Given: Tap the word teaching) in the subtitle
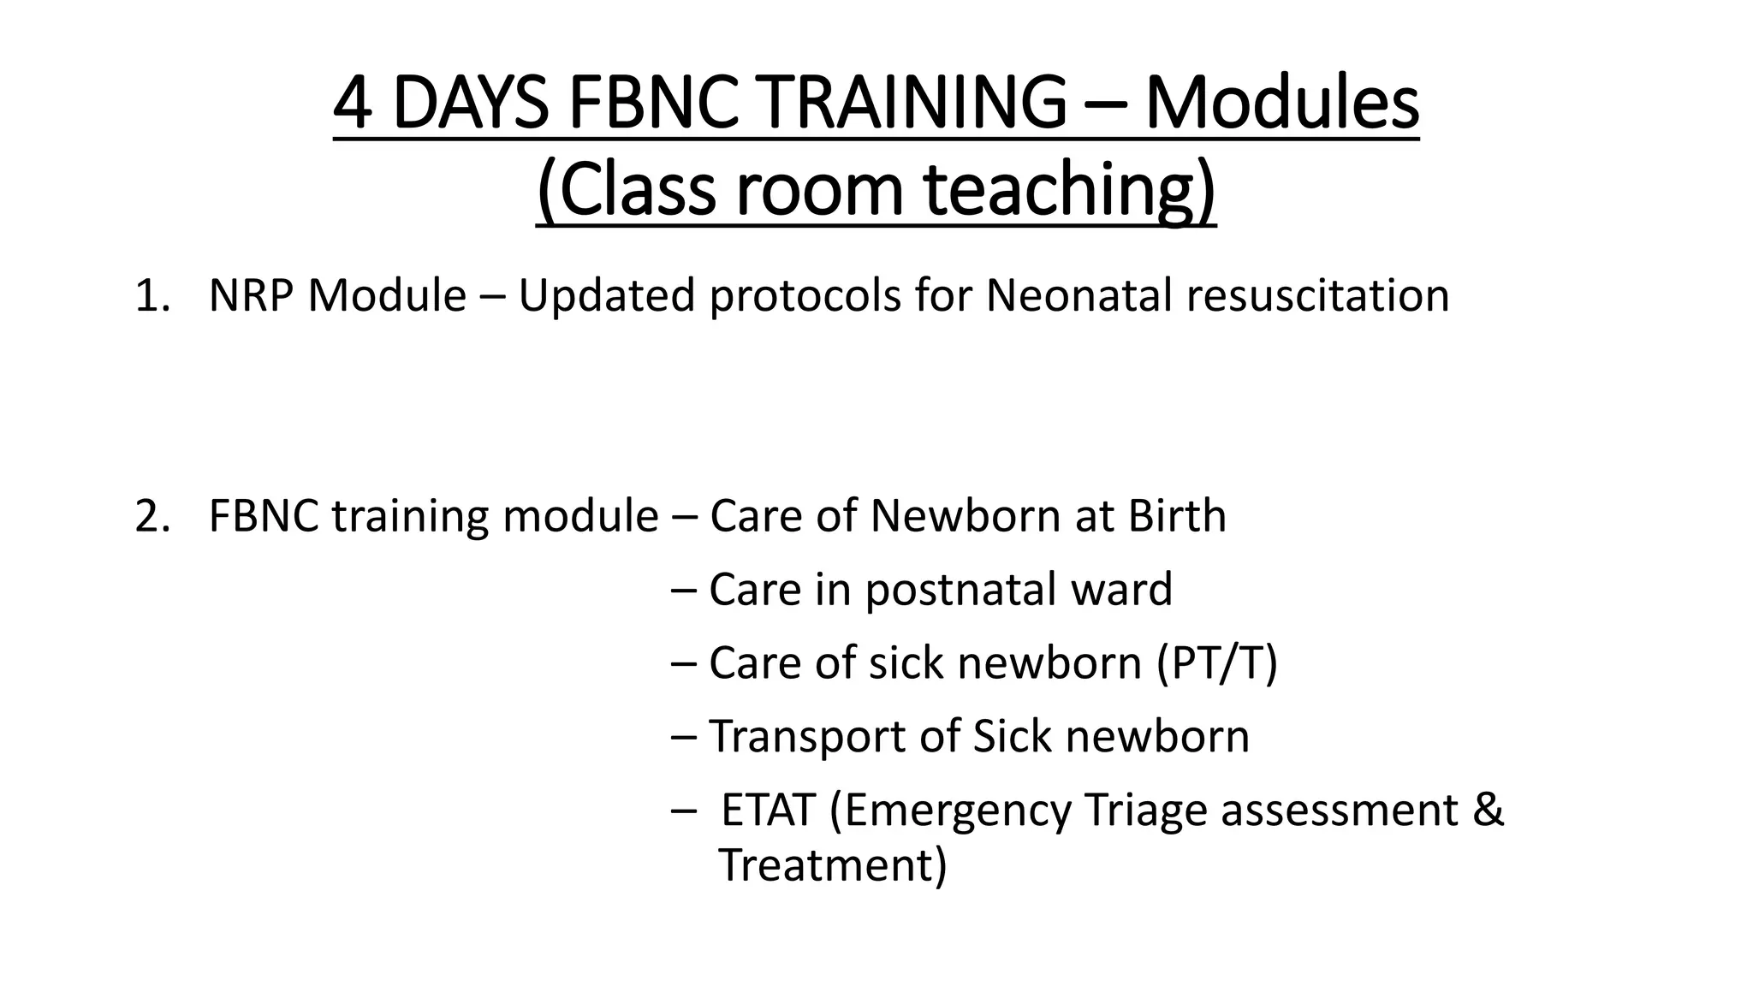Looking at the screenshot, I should point(1070,190).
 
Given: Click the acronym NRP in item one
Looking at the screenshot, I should point(252,296).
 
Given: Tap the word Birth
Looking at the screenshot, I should point(1176,516).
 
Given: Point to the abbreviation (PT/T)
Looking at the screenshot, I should point(1216,663).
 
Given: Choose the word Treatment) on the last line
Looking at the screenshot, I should point(832,865).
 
